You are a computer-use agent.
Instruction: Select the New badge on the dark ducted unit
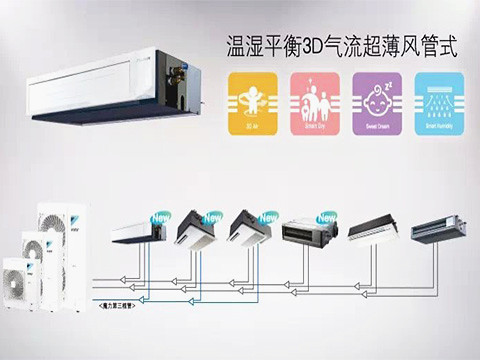[327, 216]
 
